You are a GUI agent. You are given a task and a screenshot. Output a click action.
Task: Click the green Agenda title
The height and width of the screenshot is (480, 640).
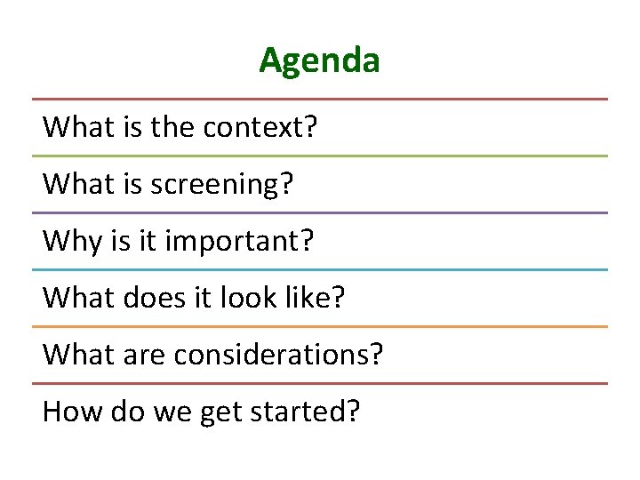(x=319, y=61)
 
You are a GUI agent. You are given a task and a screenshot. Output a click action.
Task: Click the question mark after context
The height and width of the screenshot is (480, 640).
(x=310, y=127)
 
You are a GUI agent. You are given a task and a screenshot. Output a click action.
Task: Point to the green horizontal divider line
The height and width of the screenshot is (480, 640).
(x=319, y=156)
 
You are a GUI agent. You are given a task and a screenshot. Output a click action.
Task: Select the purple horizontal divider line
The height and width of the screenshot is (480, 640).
(x=319, y=212)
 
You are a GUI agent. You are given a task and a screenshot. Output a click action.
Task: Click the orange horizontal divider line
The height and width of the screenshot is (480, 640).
(x=319, y=326)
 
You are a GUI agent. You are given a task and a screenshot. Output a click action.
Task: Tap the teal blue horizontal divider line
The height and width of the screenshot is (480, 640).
(x=319, y=269)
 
